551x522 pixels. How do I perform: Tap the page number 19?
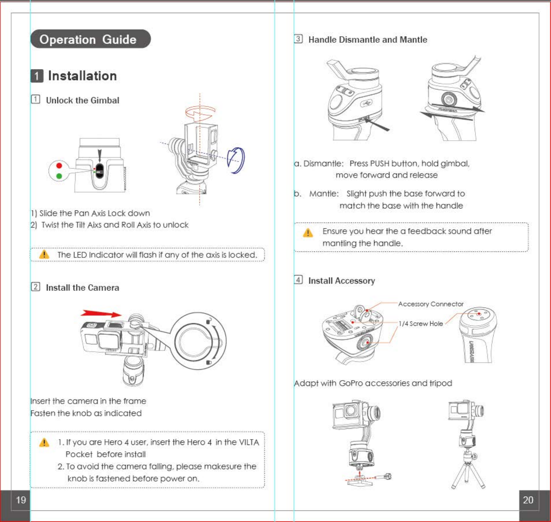click(x=21, y=500)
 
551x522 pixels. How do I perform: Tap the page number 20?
click(x=528, y=500)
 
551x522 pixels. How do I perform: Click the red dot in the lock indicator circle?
click(x=59, y=166)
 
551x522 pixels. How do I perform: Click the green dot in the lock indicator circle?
click(x=59, y=176)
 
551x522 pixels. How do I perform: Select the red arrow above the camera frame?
click(x=101, y=313)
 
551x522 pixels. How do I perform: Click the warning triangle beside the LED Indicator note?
click(x=44, y=254)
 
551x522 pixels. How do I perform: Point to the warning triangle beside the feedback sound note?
click(x=308, y=233)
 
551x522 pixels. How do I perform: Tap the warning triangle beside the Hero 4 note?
click(x=44, y=442)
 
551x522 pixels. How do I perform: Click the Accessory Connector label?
click(x=431, y=304)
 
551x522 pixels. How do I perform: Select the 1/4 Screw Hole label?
click(x=421, y=324)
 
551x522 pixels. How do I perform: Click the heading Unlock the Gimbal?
click(x=82, y=100)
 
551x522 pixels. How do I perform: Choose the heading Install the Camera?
click(x=82, y=288)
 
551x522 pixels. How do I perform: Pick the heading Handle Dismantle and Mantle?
click(x=368, y=40)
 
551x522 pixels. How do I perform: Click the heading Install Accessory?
click(x=341, y=281)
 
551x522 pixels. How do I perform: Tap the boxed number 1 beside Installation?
click(x=37, y=76)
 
